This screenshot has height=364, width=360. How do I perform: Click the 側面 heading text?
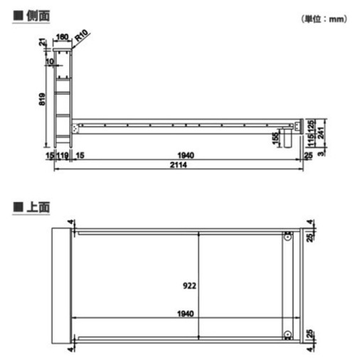coord(38,16)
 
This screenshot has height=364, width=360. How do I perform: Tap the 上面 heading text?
coord(38,207)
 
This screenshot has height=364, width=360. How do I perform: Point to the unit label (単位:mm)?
coord(324,19)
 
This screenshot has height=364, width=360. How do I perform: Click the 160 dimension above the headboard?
coord(62,37)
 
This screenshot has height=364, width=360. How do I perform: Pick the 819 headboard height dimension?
coord(42,99)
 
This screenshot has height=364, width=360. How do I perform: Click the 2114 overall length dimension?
coord(179,165)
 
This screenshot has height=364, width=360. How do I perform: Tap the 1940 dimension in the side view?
coord(186,156)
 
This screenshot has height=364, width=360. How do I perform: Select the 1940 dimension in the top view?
coord(186,314)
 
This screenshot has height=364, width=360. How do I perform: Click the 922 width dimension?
coord(189,286)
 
